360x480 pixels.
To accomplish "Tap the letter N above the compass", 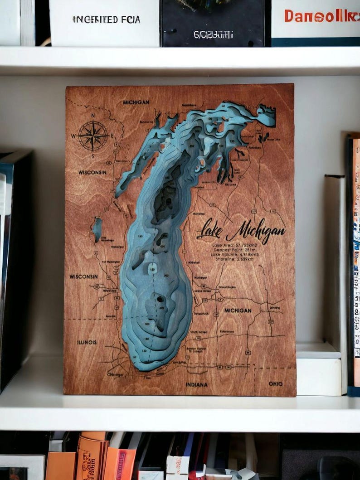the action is coord(93,116).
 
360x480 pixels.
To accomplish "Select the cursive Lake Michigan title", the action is coord(241,230).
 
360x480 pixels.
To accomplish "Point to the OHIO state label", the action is coord(275,383).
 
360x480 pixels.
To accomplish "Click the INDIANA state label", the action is coord(196,384).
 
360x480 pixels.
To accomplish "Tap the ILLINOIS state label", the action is coord(87,342).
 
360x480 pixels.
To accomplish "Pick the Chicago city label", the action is coord(115,375).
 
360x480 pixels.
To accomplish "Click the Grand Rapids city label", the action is coord(227,287).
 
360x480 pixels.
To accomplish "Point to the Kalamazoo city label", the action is coord(227,332).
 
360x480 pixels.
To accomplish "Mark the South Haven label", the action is coord(199,332).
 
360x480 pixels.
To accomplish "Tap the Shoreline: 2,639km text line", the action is coord(232,259).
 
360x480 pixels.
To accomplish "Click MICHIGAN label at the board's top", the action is coord(136,102).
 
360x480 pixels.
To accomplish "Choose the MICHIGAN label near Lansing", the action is coord(238,310).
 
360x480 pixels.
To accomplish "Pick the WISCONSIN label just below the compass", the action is coord(92,172).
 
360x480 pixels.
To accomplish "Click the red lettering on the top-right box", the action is coord(321,16).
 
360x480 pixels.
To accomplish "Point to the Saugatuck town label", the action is coord(200,313).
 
